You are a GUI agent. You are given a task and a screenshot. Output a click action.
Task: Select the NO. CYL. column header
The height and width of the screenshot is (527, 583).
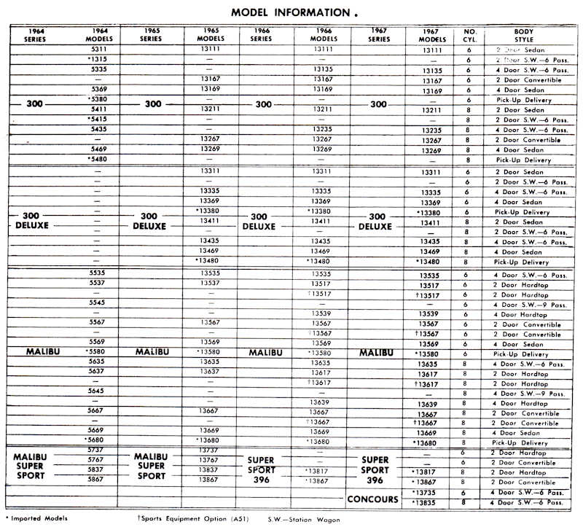[470, 35]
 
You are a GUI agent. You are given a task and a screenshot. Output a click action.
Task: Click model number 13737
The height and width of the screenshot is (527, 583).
[209, 450]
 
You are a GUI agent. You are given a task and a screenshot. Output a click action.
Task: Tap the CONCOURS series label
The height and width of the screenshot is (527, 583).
[372, 499]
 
